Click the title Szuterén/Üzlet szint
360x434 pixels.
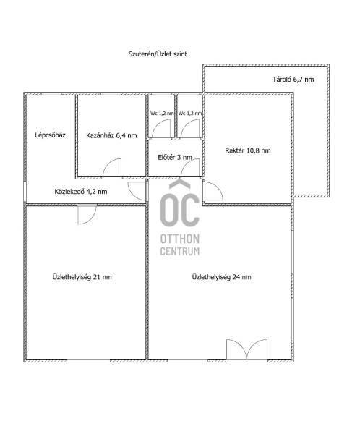158,54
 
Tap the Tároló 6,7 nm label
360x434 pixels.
293,80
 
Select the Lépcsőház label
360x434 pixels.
50,135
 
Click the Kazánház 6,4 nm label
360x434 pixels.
111,136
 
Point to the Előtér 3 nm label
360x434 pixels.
175,158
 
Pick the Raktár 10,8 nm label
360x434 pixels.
248,151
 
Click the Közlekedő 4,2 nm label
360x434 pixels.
81,192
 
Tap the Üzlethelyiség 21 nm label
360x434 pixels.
82,277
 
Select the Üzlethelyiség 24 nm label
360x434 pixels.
222,277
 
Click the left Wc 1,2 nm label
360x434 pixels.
162,114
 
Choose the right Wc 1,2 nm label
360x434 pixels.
190,114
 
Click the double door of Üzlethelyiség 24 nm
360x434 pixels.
247,350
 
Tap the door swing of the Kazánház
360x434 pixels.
112,168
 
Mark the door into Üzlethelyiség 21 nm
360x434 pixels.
87,215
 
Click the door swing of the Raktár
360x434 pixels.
214,191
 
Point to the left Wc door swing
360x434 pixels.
161,129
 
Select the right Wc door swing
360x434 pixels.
190,129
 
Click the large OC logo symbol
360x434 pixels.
180,203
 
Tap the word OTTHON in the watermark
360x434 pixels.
180,239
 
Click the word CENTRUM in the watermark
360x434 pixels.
180,251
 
